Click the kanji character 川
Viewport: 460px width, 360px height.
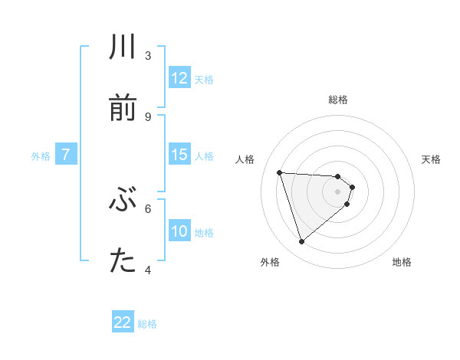[x=123, y=47]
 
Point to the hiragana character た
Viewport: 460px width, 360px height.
[x=123, y=260]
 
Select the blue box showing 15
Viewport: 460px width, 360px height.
[x=179, y=155]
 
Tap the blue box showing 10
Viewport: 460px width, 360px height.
[x=179, y=231]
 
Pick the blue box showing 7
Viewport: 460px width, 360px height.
[x=66, y=155]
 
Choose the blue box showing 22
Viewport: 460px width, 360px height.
[x=123, y=322]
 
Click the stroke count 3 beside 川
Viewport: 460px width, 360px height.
[x=148, y=56]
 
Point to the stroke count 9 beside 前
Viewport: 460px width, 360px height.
[x=148, y=116]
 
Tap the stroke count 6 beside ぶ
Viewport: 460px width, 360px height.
[x=148, y=208]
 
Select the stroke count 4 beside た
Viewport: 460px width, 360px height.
[x=148, y=269]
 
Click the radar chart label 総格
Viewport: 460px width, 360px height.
[x=338, y=100]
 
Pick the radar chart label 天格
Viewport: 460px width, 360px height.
[x=432, y=159]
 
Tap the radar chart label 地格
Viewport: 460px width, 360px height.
[x=402, y=262]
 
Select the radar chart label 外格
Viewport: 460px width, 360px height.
[x=270, y=262]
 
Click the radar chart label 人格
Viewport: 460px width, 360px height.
[x=245, y=159]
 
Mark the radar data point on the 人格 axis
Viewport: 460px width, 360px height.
[x=280, y=172]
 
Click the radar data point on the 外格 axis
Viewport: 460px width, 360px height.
[x=301, y=242]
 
